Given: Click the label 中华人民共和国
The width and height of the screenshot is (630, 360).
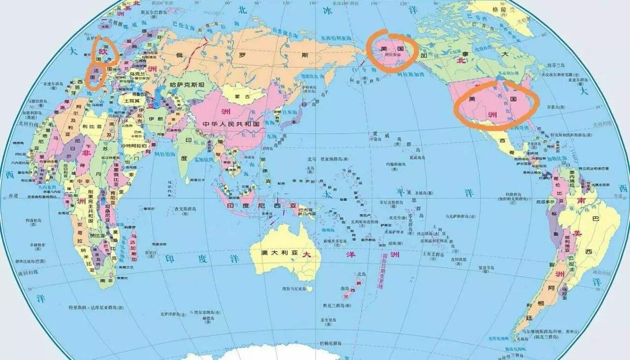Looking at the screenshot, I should tap(231, 125).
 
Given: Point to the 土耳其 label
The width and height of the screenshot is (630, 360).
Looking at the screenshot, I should tap(132, 100).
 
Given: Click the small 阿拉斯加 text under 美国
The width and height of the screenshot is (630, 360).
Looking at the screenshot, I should tap(392, 57).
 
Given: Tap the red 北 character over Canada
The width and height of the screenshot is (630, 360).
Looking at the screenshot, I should tap(461, 61).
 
